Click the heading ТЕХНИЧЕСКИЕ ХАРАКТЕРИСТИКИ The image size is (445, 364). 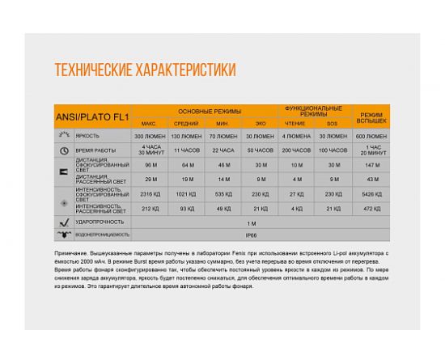coord(145,70)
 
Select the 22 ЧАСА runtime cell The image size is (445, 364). coord(223,150)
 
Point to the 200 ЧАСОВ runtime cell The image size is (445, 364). coord(296,150)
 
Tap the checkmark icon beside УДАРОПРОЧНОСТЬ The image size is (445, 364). coord(62,220)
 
